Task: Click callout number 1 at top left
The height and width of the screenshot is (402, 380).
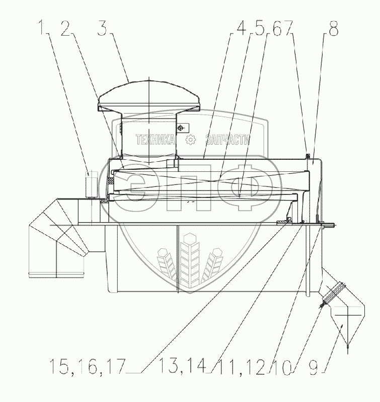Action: click(42, 29)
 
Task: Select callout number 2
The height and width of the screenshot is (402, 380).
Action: click(66, 29)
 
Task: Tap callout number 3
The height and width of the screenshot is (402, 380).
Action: click(103, 29)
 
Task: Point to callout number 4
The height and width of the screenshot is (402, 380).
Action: click(241, 29)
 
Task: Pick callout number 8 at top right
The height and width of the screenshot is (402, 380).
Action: click(334, 29)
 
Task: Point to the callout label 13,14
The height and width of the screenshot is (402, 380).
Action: click(182, 366)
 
